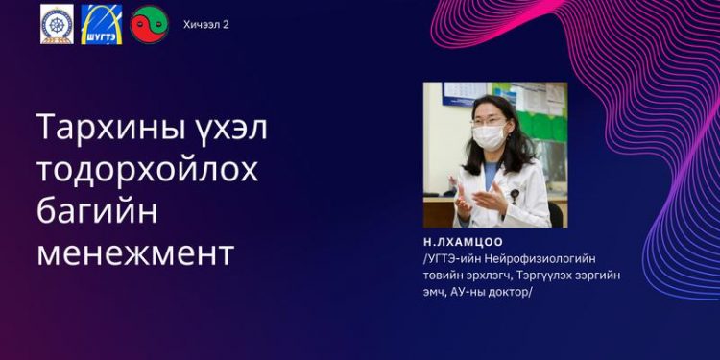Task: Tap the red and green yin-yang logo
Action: point(149,23)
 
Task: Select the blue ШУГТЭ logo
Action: point(101,24)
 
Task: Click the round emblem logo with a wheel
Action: point(57,24)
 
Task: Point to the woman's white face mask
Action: point(490,136)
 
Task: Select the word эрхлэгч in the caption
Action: point(489,276)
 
